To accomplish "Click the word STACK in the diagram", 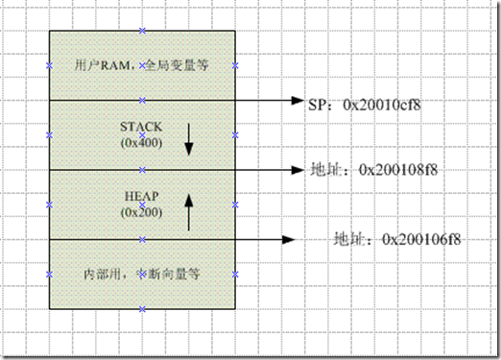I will (142, 127).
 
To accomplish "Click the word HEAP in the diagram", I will (142, 196).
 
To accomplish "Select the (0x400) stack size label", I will (142, 142).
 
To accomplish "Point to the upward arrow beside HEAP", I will (189, 210).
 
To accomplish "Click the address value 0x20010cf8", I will (384, 101).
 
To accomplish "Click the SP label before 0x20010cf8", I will (319, 101).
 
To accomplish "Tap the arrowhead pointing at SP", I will (297, 100).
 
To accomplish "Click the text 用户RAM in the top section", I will (96, 66).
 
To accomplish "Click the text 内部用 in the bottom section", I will (102, 274).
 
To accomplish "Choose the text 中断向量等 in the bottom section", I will (173, 274).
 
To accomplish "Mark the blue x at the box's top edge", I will (142, 31).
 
